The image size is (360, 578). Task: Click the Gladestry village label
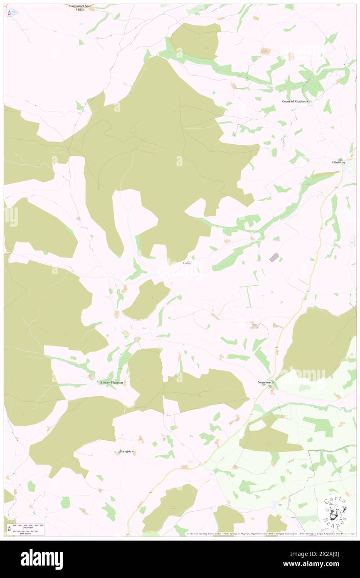(x=338, y=162)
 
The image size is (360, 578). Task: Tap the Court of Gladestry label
(x=295, y=101)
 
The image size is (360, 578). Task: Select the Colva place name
(x=187, y=263)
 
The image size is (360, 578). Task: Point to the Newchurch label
(x=266, y=382)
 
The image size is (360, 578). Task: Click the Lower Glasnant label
(x=112, y=383)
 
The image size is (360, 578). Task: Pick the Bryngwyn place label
(x=127, y=451)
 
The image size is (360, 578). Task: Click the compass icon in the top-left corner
(x=9, y=12)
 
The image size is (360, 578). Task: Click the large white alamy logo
(x=42, y=559)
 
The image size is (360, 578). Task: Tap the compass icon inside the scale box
(x=9, y=529)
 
